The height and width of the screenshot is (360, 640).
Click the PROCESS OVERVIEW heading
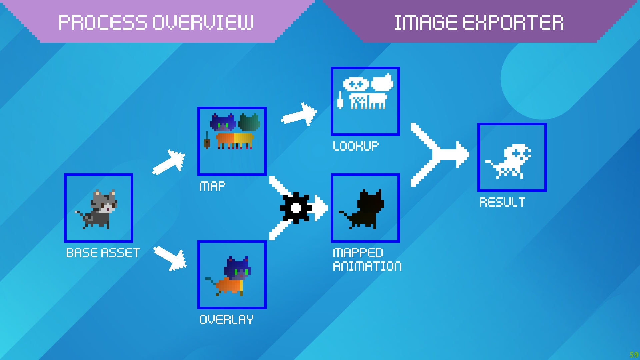(x=156, y=23)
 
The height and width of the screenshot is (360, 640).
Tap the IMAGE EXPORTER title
(x=479, y=23)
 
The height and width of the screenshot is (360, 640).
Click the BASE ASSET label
(x=103, y=253)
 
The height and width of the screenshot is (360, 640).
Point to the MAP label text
(x=212, y=186)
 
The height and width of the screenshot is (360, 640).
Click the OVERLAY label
(x=226, y=320)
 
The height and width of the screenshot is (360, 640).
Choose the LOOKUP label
(x=356, y=146)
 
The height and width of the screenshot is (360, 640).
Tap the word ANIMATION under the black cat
(x=367, y=266)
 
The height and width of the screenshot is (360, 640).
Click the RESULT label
(x=502, y=202)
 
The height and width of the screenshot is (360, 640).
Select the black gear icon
(x=296, y=208)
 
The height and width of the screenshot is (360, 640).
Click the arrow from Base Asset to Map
(x=169, y=163)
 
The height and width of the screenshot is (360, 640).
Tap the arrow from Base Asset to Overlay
(x=170, y=258)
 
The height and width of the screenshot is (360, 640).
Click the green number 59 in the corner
(x=634, y=355)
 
